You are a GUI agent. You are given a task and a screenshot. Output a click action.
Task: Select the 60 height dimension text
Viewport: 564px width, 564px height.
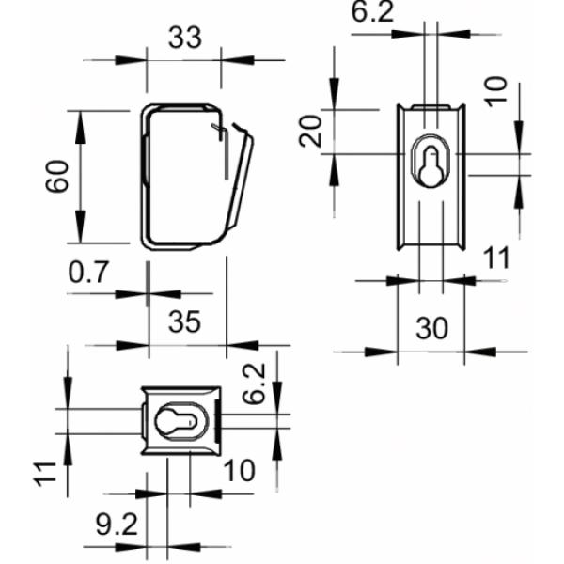pyautogui.click(x=59, y=176)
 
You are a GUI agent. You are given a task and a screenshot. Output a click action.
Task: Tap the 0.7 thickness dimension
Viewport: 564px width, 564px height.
pyautogui.click(x=90, y=273)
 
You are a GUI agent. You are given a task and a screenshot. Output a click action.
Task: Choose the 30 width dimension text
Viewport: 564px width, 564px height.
pyautogui.click(x=431, y=329)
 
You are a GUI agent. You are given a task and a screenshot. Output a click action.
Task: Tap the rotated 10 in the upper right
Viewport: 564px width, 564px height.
pyautogui.click(x=498, y=90)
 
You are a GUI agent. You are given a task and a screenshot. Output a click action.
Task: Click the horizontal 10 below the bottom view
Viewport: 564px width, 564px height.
pyautogui.click(x=241, y=470)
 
